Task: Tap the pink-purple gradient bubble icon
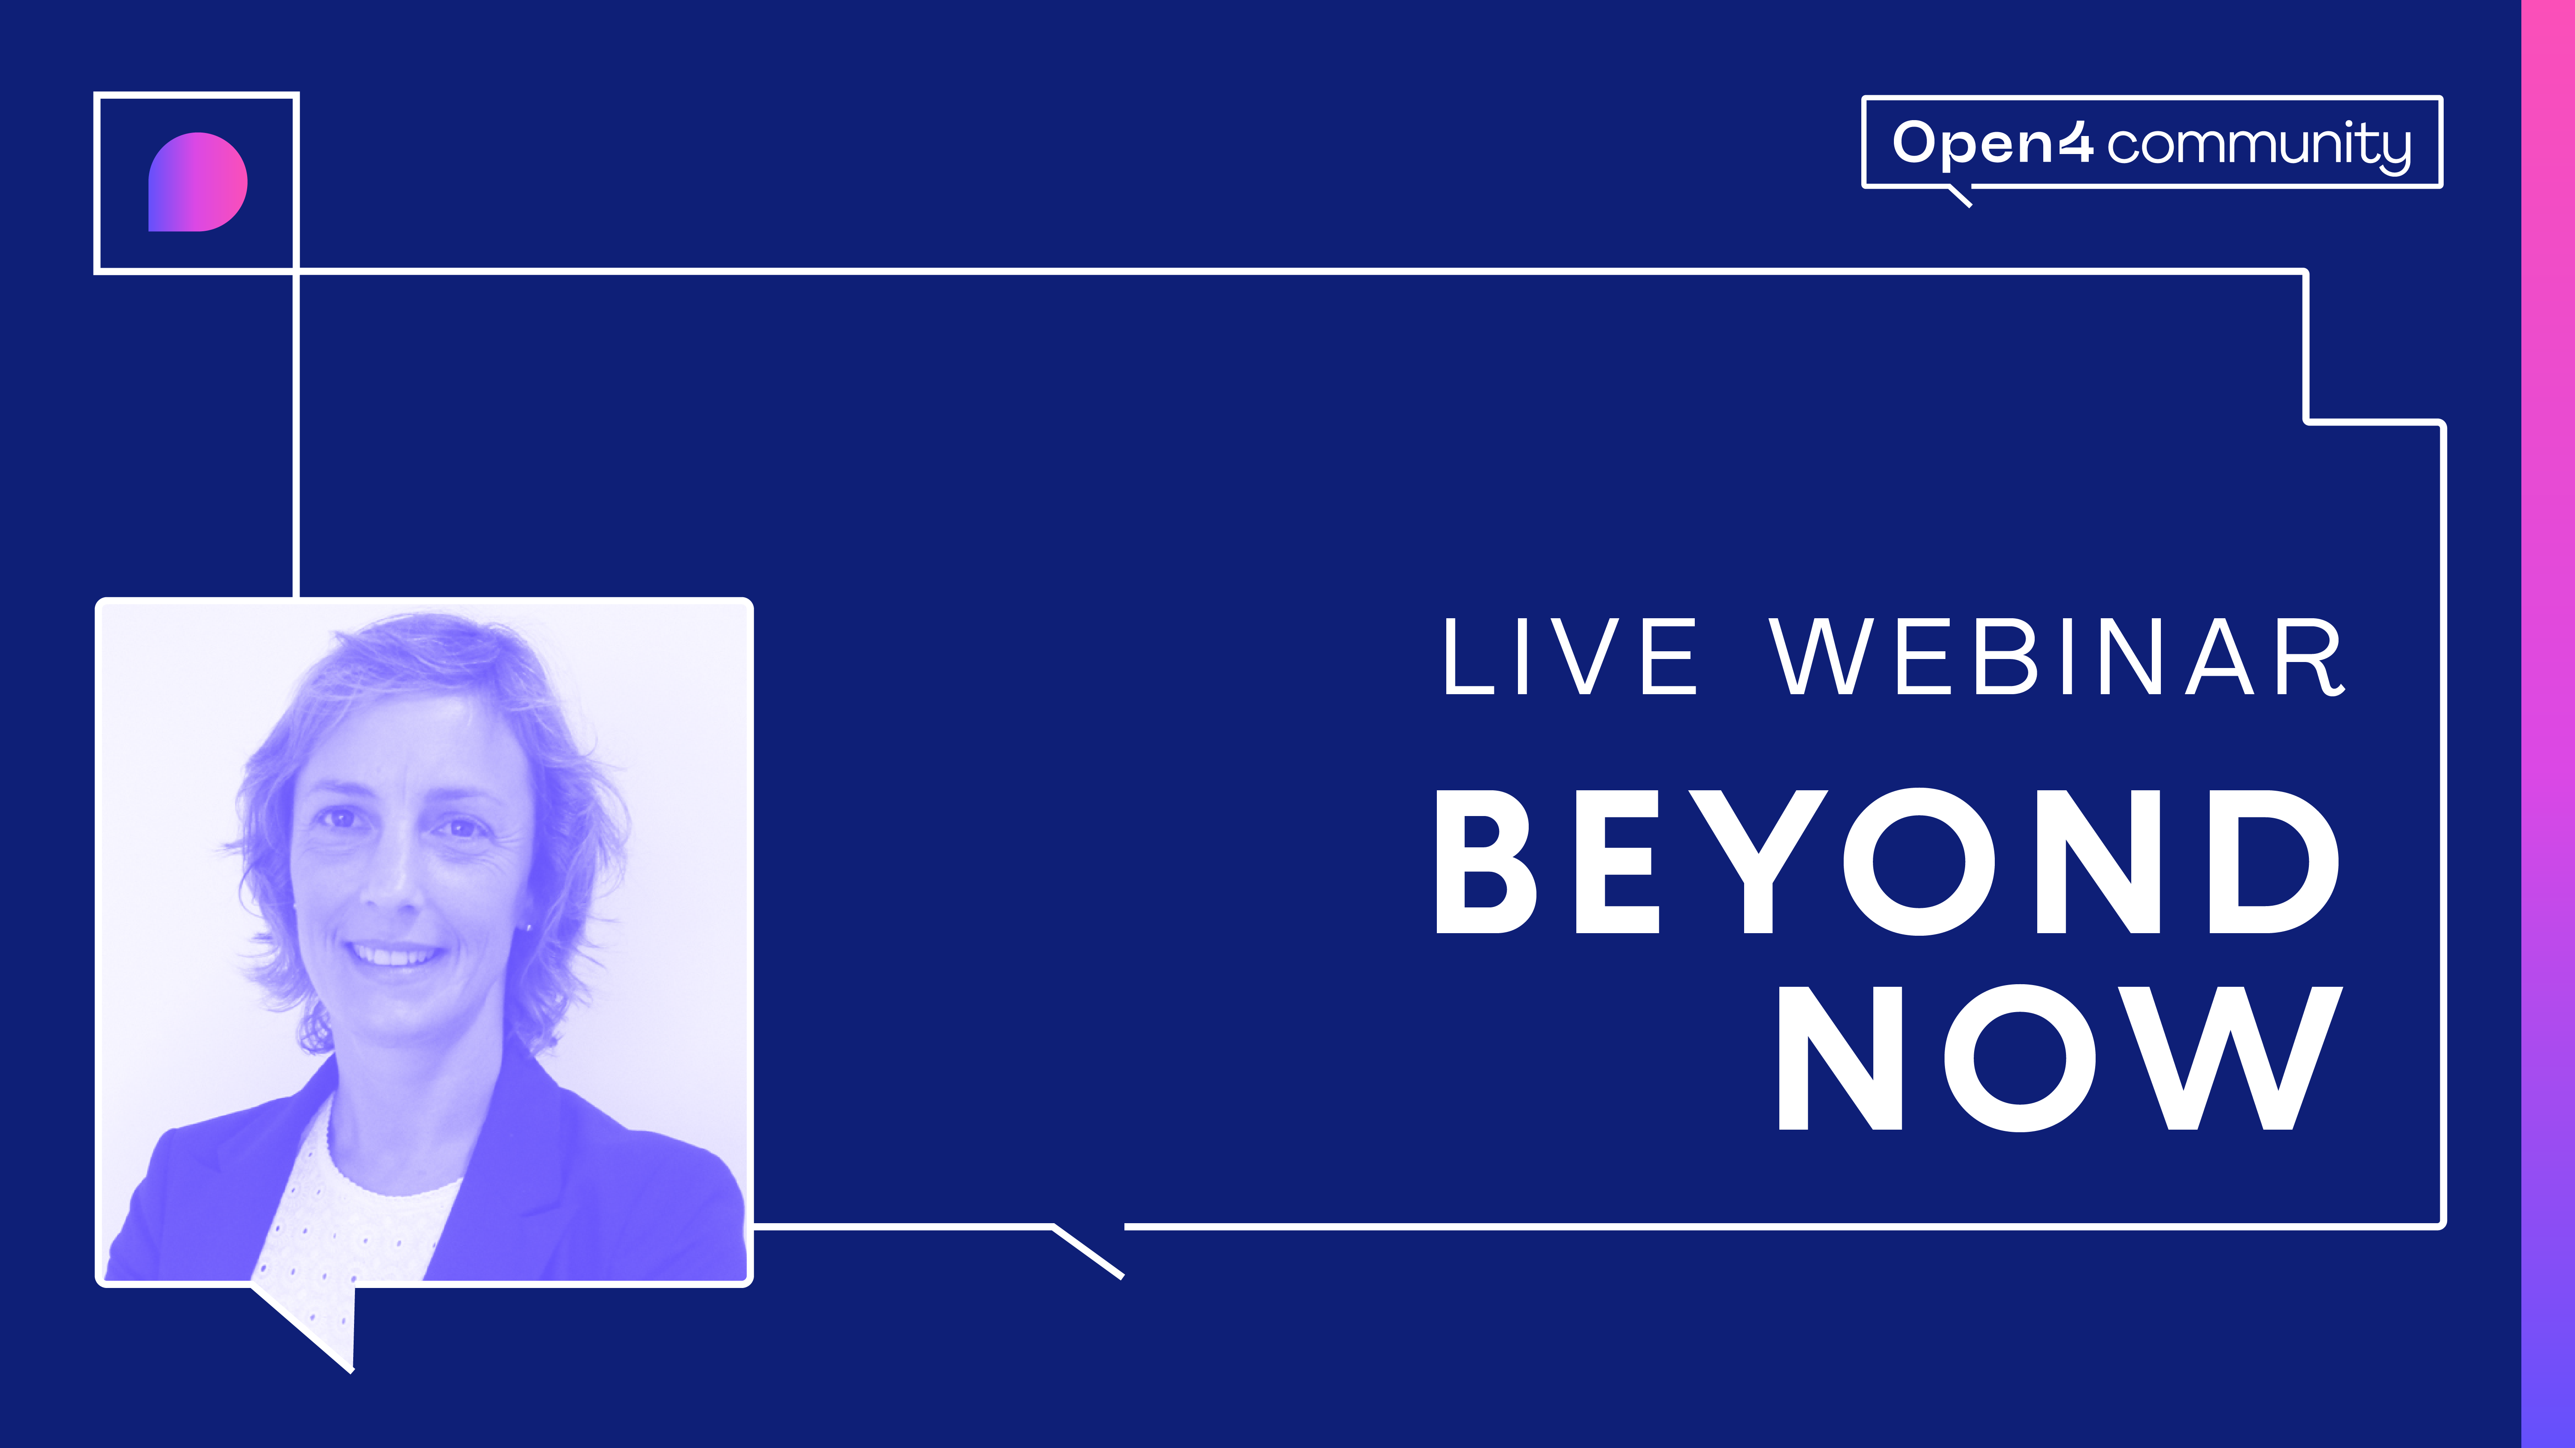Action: pyautogui.click(x=197, y=182)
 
